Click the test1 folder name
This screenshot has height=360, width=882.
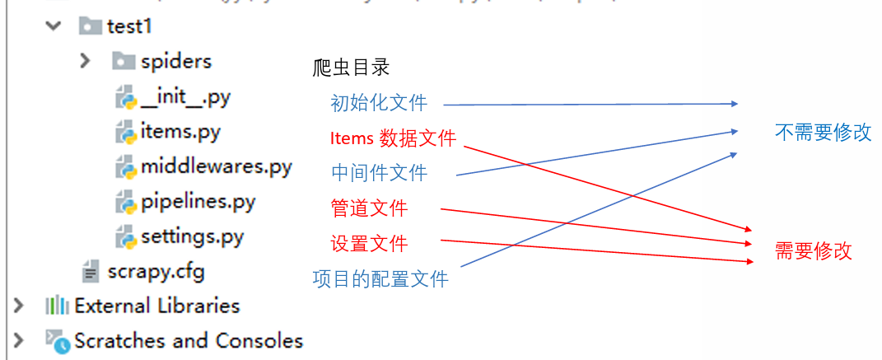[x=130, y=26]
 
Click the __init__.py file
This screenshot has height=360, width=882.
[x=185, y=97]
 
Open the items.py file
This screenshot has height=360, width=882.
[x=180, y=132]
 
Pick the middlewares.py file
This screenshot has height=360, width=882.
[x=216, y=167]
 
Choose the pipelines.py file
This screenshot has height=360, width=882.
[x=198, y=202]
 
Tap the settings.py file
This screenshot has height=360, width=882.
[x=192, y=237]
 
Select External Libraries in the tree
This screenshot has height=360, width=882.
[x=156, y=306]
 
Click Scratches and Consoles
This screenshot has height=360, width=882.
[x=188, y=340]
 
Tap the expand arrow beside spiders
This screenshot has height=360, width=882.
[x=85, y=61]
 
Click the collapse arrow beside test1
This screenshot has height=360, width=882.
[x=54, y=26]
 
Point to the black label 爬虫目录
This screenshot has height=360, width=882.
[x=351, y=68]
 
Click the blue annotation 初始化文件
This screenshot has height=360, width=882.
[x=379, y=103]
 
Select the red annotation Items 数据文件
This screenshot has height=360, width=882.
[x=393, y=138]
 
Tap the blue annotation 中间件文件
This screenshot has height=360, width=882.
[x=379, y=173]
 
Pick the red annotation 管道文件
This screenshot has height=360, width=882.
[x=369, y=208]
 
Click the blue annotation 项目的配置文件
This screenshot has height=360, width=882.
[x=380, y=279]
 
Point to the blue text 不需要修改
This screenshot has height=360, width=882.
[x=823, y=133]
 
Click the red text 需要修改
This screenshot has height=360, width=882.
[x=813, y=251]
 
